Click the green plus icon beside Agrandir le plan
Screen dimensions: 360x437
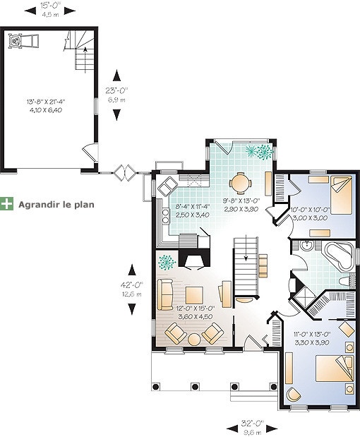point(6,204)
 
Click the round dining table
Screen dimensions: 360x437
point(239,183)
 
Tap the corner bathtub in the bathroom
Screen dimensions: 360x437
point(339,256)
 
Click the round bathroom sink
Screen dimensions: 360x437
point(307,245)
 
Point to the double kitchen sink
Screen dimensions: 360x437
point(168,186)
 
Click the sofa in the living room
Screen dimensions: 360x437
point(165,295)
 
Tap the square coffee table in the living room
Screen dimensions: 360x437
point(194,295)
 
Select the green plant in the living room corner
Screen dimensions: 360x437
point(167,262)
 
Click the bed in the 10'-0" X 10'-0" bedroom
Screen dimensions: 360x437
point(342,195)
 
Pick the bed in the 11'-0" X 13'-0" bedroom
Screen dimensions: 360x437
point(335,369)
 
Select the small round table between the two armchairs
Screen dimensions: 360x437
point(194,339)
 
